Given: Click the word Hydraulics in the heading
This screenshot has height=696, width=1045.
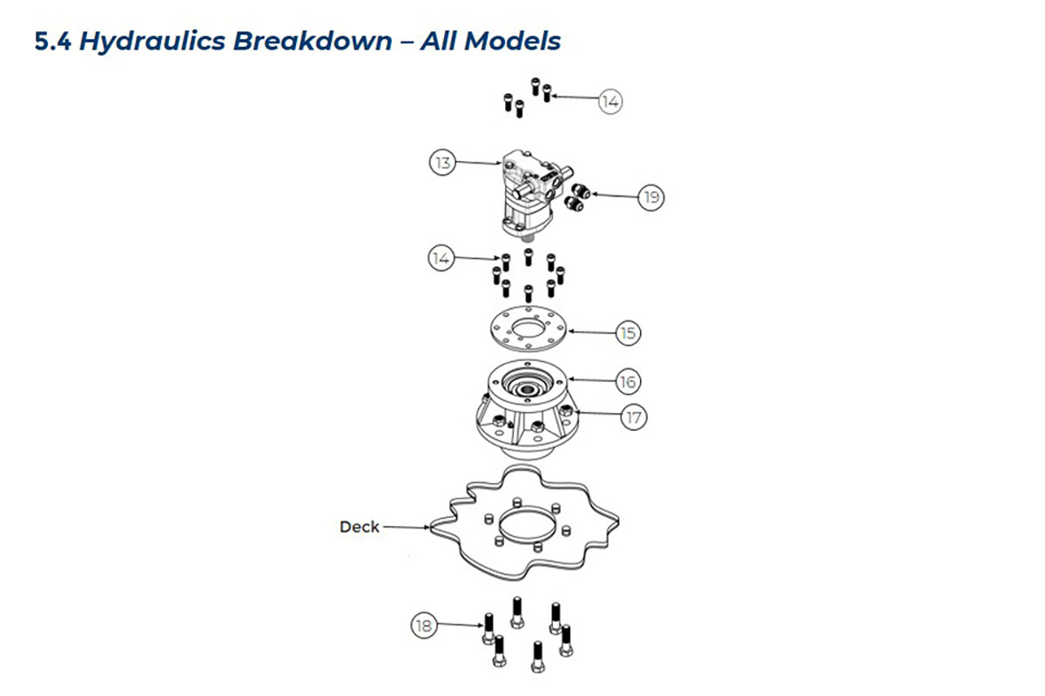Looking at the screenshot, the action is click(152, 42).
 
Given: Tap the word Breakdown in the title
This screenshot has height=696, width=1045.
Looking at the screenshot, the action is click(313, 41).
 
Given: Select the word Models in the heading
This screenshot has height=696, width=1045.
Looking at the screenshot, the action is click(512, 41).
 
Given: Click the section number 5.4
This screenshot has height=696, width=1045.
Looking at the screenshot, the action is click(53, 41).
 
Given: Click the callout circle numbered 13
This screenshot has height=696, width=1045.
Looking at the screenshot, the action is click(442, 163).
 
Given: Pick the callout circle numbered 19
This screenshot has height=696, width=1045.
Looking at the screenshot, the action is click(651, 197).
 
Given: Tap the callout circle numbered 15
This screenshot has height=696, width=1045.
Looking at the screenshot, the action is click(628, 333).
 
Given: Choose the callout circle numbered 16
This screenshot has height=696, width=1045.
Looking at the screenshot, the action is click(628, 382).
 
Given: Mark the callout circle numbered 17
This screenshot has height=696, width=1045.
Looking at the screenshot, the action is click(634, 418).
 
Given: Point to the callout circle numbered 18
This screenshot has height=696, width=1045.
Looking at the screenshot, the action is click(424, 626).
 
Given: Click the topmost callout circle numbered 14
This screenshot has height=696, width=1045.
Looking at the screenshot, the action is click(610, 102).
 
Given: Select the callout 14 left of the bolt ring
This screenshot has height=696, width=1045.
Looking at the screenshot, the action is click(441, 258).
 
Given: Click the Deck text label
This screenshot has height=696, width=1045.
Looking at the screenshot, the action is click(359, 526).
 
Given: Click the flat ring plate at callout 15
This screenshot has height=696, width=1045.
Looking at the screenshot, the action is click(528, 329).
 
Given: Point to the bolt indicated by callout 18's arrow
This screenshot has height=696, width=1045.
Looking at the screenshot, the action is click(489, 628).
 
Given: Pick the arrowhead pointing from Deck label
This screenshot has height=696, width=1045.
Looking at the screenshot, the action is click(426, 528).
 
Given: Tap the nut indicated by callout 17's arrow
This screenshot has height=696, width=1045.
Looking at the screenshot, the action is click(566, 411).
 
